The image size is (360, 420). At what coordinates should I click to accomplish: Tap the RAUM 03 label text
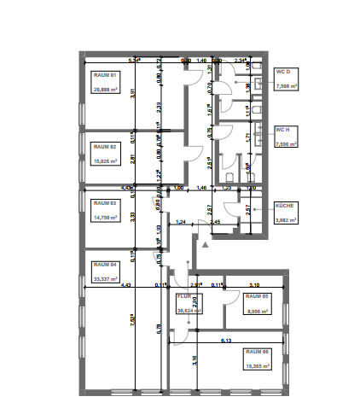click(x=102, y=203)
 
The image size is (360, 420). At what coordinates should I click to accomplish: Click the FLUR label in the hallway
click(x=183, y=299)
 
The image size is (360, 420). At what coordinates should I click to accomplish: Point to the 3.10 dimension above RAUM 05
click(x=254, y=283)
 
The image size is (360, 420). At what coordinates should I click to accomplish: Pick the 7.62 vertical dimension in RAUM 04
click(x=133, y=323)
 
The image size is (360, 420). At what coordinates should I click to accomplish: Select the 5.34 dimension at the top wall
click(x=133, y=61)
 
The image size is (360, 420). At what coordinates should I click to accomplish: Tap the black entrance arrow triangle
click(x=203, y=243)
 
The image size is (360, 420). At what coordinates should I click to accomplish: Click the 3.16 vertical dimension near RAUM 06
click(x=195, y=359)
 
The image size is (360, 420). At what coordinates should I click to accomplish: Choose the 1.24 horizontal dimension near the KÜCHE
click(x=181, y=222)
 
